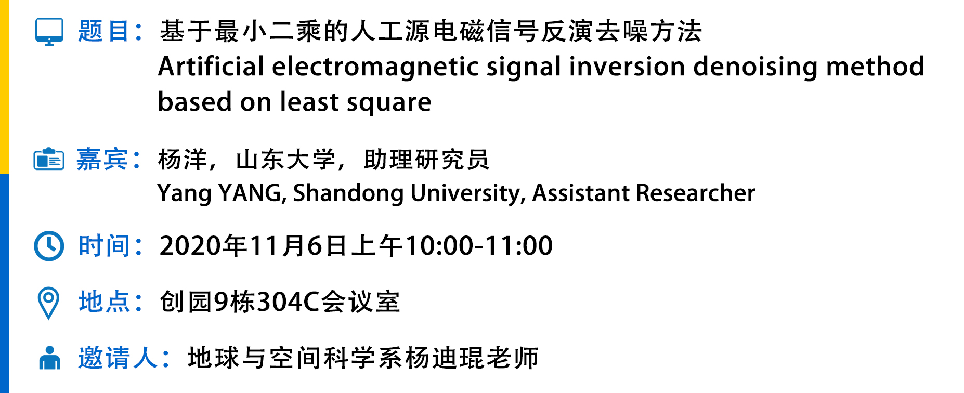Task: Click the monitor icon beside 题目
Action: click(x=49, y=32)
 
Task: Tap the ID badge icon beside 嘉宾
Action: click(x=49, y=159)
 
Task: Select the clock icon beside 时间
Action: click(x=49, y=246)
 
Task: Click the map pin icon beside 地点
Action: click(x=49, y=303)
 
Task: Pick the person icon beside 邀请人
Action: click(x=49, y=358)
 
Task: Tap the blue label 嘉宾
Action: click(x=102, y=159)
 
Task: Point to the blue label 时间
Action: click(x=103, y=246)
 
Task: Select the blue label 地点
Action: click(x=103, y=302)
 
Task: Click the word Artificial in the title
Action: click(x=211, y=67)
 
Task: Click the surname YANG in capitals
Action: click(x=251, y=193)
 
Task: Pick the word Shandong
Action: click(x=348, y=193)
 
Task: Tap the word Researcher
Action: click(x=696, y=193)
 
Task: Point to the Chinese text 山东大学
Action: click(x=285, y=160)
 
